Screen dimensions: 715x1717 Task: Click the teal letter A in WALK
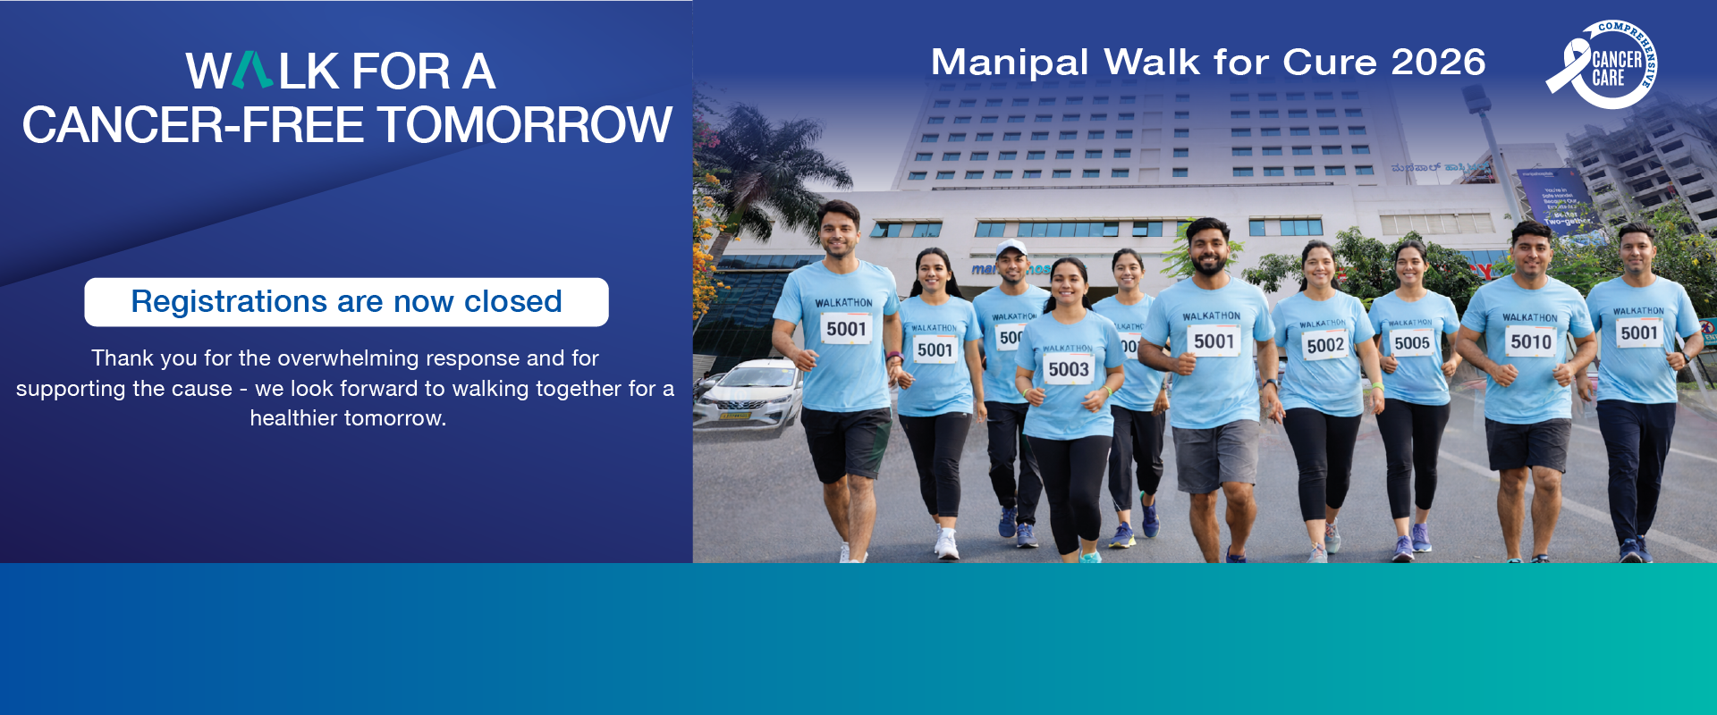tap(253, 71)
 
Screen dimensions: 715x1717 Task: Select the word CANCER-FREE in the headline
tap(192, 125)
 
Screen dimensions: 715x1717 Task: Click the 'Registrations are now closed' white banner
tap(346, 302)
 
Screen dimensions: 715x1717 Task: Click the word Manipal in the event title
tap(1010, 63)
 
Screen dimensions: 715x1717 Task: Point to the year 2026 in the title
tap(1438, 63)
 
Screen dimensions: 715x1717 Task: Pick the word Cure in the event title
tap(1332, 63)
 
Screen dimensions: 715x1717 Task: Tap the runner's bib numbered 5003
tap(1069, 369)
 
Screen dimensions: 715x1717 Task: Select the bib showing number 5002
tap(1325, 345)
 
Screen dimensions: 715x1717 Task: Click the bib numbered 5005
tap(1411, 342)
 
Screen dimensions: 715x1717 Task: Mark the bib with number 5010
tap(1531, 341)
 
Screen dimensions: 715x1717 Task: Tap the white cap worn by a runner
tap(1011, 248)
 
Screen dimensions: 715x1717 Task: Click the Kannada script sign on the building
tap(1426, 167)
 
